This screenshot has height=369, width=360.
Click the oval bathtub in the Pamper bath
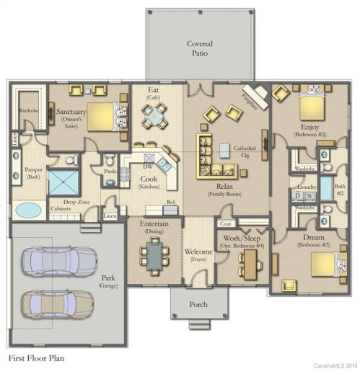[x=29, y=210]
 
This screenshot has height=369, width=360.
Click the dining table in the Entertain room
[x=154, y=252]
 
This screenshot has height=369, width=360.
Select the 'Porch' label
[x=198, y=305]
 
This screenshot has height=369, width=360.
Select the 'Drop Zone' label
[x=76, y=203]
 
